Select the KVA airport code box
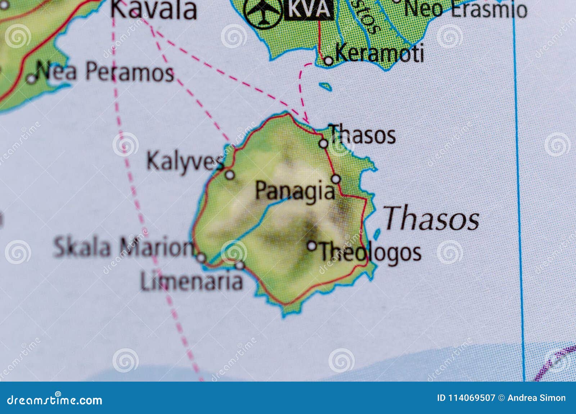[309, 10]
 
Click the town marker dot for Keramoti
[328, 61]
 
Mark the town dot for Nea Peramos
[32, 78]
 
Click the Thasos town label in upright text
[362, 135]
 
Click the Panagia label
[295, 191]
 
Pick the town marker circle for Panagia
[336, 179]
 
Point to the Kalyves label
[184, 161]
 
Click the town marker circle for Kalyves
[230, 175]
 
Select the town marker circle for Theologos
[312, 246]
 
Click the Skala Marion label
[123, 247]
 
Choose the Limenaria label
[192, 281]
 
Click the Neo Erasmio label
[465, 9]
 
